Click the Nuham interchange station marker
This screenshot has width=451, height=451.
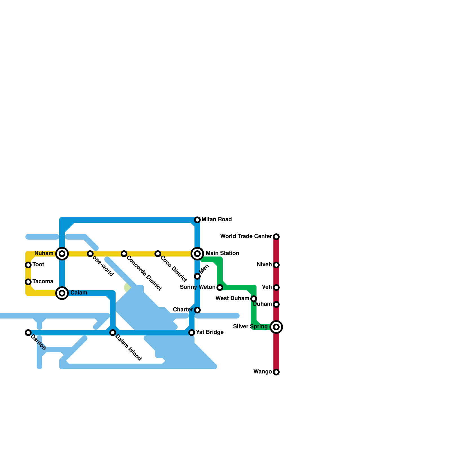tap(62, 254)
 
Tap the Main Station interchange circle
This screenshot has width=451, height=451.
tap(197, 254)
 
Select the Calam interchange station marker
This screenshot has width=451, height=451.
tap(62, 293)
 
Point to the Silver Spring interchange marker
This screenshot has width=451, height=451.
tap(276, 327)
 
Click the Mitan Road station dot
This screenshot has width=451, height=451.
tap(197, 220)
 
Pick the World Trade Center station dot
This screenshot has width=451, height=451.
tap(276, 237)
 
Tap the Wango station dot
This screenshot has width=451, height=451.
tap(276, 372)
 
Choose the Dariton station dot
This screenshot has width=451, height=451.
tap(28, 333)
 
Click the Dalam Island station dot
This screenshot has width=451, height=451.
tap(113, 333)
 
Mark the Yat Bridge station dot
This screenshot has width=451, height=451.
tap(192, 333)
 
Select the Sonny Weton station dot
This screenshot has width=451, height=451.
tap(220, 288)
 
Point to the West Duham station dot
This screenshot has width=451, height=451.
tap(254, 299)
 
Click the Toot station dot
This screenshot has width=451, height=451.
tap(28, 265)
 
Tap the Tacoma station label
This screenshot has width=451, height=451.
tap(43, 282)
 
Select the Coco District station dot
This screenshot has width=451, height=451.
tap(158, 254)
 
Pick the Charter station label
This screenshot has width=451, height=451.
tap(183, 310)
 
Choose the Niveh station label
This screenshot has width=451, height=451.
tap(264, 265)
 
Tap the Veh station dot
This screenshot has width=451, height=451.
tap(276, 288)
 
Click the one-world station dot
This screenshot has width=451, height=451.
tap(90, 254)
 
